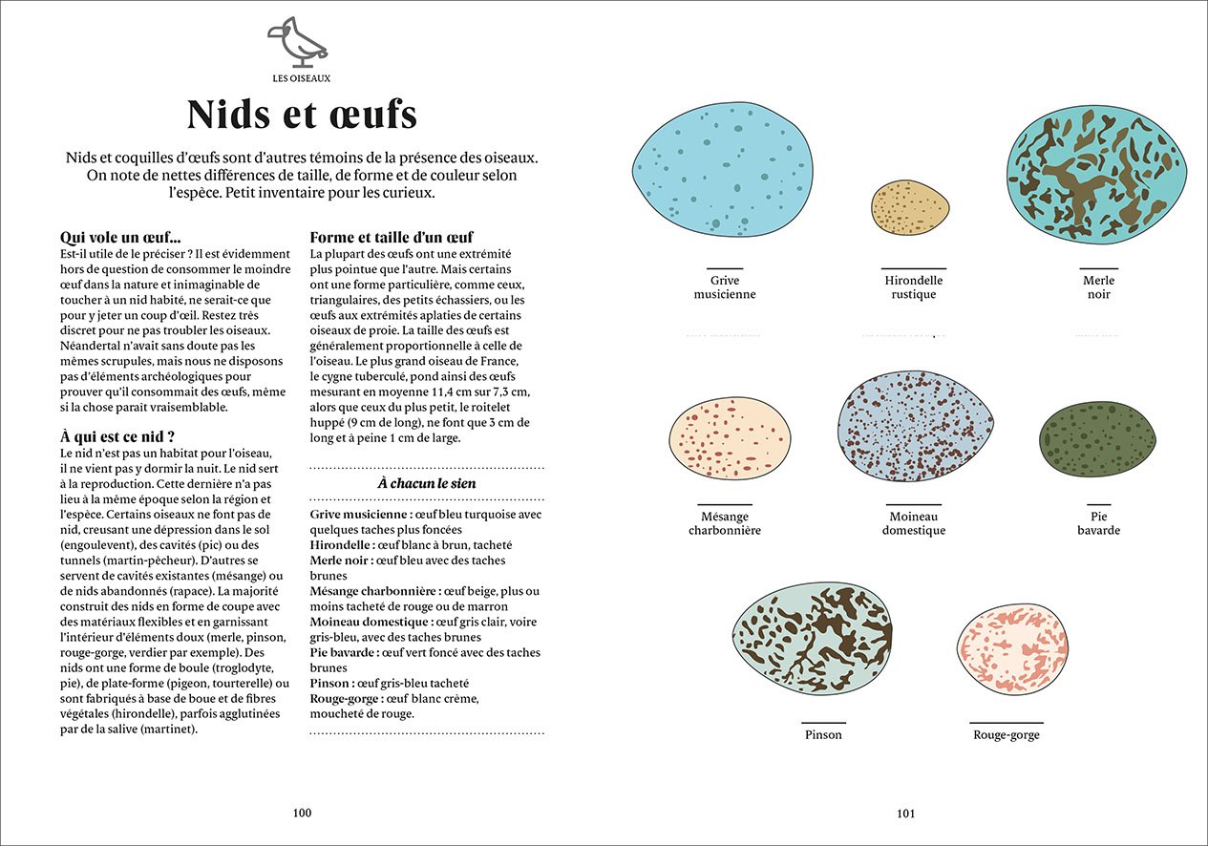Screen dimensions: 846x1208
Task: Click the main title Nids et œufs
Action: pyautogui.click(x=302, y=114)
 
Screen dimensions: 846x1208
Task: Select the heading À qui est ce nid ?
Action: pyautogui.click(x=117, y=436)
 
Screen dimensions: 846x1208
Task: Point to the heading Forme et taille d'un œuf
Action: pyautogui.click(x=392, y=238)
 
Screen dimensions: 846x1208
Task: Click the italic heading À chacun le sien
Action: pyautogui.click(x=427, y=483)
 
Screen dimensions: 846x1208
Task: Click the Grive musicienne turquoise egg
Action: pyautogui.click(x=724, y=169)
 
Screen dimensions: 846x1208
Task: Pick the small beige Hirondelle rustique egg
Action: pyautogui.click(x=910, y=205)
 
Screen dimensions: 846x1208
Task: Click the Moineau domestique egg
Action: pyautogui.click(x=914, y=428)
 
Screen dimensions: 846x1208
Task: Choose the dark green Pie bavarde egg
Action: pyautogui.click(x=1097, y=438)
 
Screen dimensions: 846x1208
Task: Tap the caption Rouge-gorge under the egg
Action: pyautogui.click(x=1006, y=735)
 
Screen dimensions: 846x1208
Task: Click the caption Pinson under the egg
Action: pyautogui.click(x=823, y=735)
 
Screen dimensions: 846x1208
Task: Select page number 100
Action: pyautogui.click(x=302, y=813)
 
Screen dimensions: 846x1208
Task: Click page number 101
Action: pyautogui.click(x=905, y=814)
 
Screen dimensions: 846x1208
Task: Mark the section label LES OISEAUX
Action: pyautogui.click(x=301, y=78)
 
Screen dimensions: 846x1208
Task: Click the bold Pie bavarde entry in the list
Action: pyautogui.click(x=343, y=653)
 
